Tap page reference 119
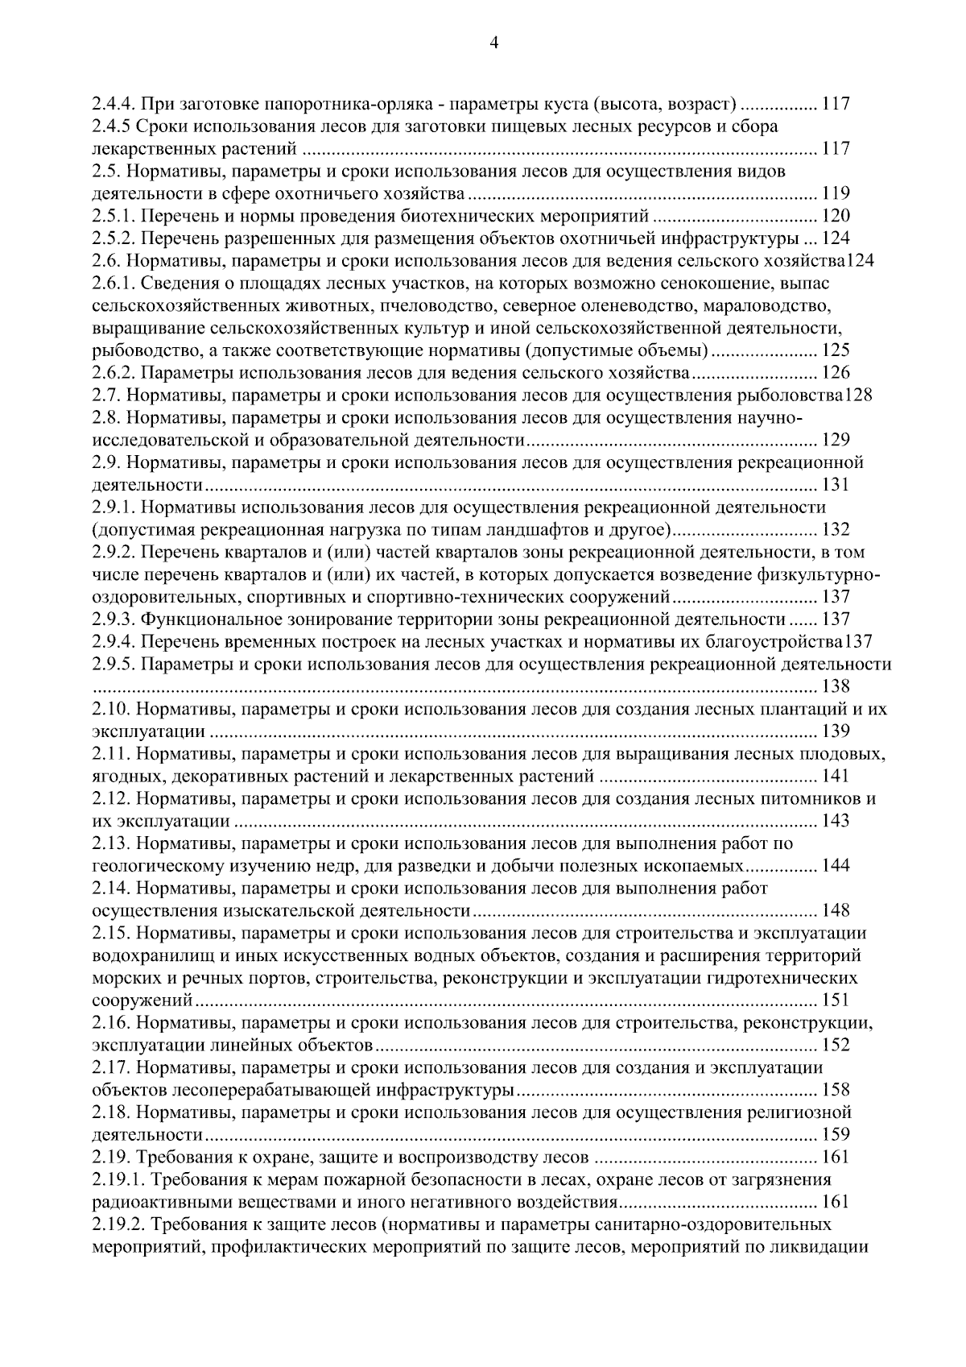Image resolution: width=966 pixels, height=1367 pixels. (x=836, y=193)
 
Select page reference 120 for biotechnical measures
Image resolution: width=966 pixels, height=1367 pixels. (x=836, y=216)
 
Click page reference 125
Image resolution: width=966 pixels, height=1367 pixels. (x=836, y=350)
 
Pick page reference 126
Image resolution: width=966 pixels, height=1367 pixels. (x=836, y=373)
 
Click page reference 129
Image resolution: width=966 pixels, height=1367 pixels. (x=836, y=440)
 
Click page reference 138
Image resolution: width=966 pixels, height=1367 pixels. (x=836, y=686)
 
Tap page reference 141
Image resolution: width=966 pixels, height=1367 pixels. (x=836, y=777)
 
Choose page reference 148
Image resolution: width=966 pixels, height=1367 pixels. (x=836, y=911)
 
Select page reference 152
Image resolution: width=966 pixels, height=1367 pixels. (x=836, y=1046)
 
